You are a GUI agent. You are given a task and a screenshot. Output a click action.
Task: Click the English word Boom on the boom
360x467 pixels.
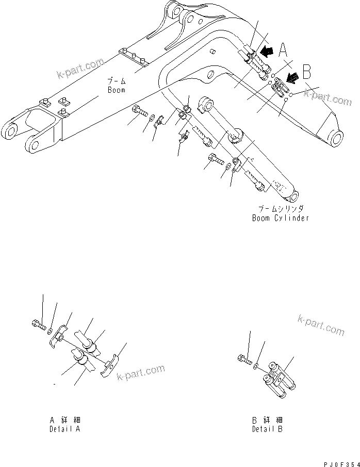[117, 90]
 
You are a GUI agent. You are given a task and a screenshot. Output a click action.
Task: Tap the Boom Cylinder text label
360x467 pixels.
[281, 218]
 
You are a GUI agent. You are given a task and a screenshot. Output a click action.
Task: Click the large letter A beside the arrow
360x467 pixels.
[283, 49]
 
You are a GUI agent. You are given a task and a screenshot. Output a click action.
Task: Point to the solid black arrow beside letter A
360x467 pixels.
[267, 51]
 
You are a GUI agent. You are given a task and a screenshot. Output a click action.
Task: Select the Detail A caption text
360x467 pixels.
[64, 428]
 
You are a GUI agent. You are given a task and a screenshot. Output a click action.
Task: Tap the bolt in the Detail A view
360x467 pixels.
[38, 324]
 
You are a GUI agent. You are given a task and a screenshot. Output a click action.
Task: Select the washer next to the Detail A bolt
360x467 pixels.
[50, 328]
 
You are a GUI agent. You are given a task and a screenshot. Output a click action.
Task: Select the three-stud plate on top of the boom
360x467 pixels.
[133, 56]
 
